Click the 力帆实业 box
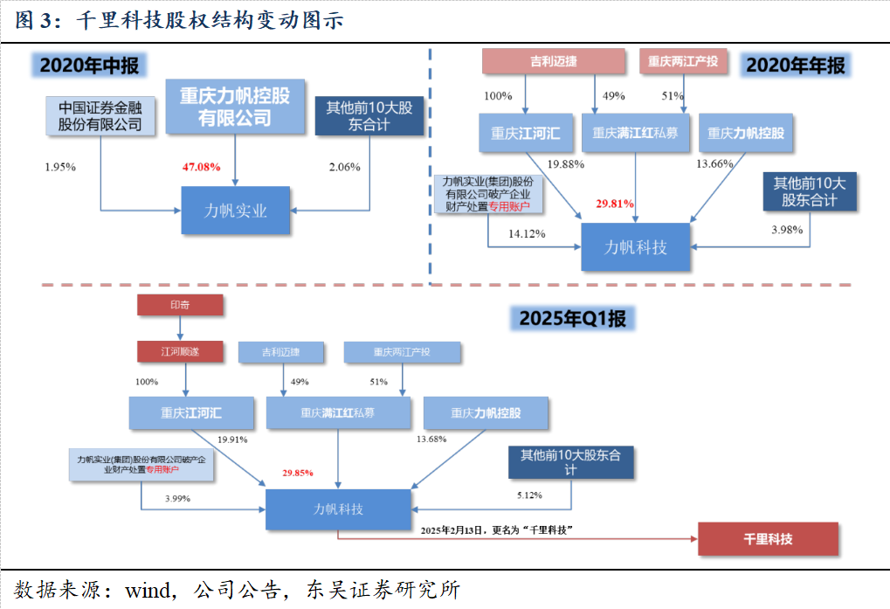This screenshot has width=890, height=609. [235, 211]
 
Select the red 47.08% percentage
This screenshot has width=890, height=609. [201, 166]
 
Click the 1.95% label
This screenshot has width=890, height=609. [60, 166]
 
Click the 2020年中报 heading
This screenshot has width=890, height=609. [90, 66]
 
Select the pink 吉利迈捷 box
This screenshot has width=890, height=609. [554, 61]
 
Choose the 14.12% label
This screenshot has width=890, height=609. [528, 233]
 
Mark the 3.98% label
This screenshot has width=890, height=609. [789, 230]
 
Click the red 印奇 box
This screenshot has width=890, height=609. [180, 305]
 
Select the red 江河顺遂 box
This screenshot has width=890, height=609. [180, 351]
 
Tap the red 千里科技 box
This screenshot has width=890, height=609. [769, 539]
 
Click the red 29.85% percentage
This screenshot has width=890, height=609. [298, 473]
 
